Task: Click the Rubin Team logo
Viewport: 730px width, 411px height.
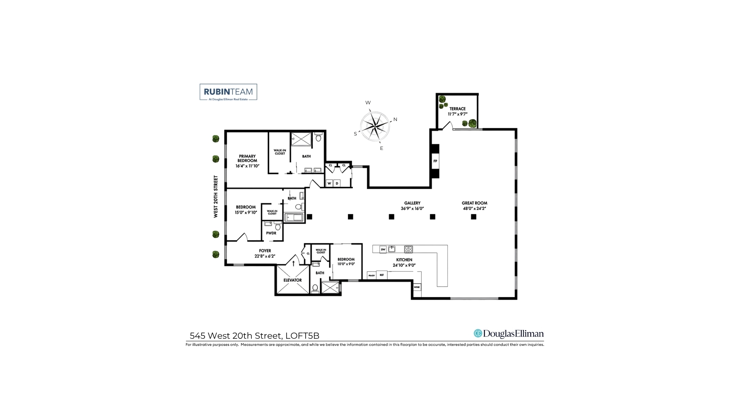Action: (x=228, y=92)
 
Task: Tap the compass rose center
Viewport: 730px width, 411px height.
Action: (x=375, y=126)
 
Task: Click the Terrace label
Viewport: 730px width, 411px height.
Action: (x=457, y=109)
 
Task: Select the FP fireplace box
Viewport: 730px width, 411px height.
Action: (x=435, y=161)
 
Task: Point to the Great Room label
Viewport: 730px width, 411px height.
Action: (x=474, y=203)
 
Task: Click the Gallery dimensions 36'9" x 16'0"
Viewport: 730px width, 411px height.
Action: (x=412, y=209)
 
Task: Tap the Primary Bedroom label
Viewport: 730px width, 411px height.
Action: (x=247, y=158)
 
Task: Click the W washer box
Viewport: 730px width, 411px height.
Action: (x=329, y=183)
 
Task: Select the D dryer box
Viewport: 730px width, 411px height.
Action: (x=337, y=183)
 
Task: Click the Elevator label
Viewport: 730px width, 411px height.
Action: (x=292, y=280)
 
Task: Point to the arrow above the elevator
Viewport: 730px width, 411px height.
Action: (x=294, y=263)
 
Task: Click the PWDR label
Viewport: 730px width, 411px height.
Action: (x=271, y=233)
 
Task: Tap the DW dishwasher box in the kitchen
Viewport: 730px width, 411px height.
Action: (x=383, y=250)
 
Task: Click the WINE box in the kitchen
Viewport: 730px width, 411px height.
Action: (x=417, y=287)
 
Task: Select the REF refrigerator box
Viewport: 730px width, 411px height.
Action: (x=382, y=275)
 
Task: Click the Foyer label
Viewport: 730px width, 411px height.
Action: (x=265, y=251)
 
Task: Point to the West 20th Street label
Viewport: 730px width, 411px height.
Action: (x=216, y=196)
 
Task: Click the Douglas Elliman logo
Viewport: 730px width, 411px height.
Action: (x=509, y=334)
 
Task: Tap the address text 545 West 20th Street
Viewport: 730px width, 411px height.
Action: (x=235, y=336)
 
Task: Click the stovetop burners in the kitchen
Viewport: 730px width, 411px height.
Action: (x=408, y=250)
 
